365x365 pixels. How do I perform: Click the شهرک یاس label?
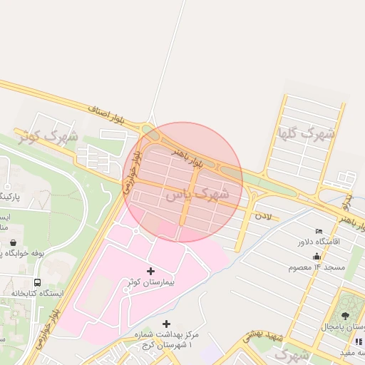197,194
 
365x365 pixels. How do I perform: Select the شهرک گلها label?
307,133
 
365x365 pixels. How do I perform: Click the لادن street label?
265,213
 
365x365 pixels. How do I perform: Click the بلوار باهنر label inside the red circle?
187,158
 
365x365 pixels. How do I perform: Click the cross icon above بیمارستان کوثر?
150,271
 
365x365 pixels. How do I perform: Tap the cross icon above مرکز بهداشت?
167,324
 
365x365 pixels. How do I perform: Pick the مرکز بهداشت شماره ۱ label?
166,339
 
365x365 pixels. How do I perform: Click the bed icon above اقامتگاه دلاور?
318,231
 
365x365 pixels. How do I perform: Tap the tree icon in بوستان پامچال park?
346,314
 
